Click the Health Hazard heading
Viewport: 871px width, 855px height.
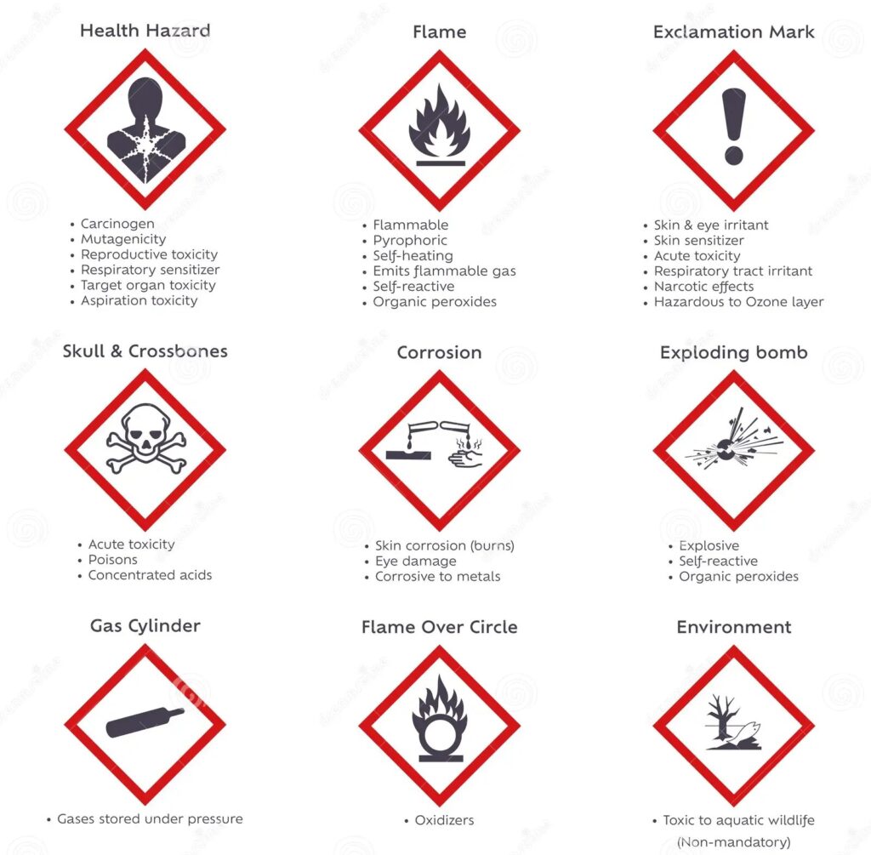(x=145, y=31)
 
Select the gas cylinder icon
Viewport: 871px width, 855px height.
(x=145, y=722)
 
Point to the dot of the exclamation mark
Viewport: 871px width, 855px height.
(x=733, y=155)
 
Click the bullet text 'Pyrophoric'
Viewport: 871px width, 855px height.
(x=410, y=241)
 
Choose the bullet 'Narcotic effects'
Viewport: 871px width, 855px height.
(x=703, y=287)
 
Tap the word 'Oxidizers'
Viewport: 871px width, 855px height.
(x=444, y=820)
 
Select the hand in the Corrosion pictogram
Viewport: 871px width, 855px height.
(x=465, y=459)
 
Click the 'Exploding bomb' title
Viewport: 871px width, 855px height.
(x=734, y=353)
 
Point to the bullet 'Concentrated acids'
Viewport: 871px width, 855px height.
(x=150, y=575)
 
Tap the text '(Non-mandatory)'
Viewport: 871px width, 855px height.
(x=734, y=842)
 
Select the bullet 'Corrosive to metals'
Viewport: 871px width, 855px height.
(x=438, y=577)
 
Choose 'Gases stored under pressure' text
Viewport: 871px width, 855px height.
(x=150, y=819)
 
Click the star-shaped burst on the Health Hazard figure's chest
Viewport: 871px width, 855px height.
(x=145, y=145)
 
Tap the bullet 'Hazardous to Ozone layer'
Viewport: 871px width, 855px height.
(x=739, y=302)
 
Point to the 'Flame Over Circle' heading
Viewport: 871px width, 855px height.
(x=440, y=627)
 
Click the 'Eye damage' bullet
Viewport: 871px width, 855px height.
(x=415, y=561)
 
